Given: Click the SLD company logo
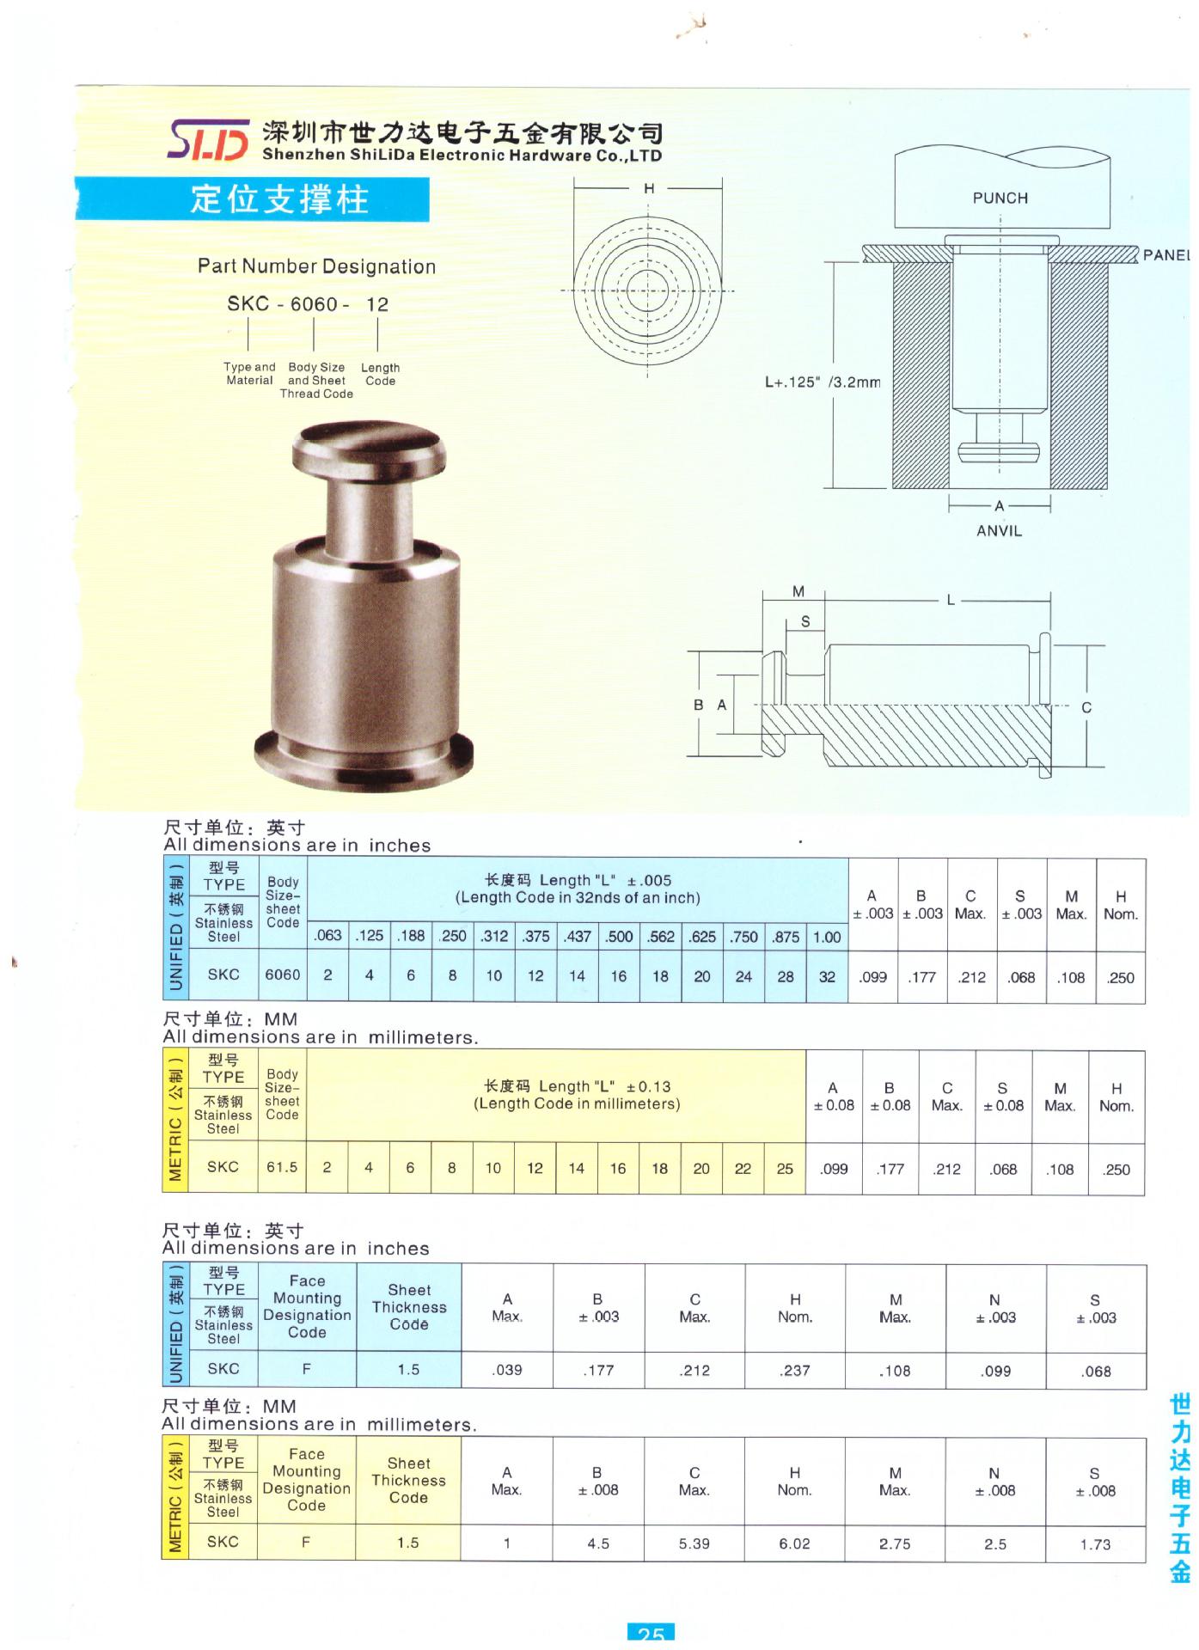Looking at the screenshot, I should pos(209,140).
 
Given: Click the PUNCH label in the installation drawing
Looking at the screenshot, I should pos(1000,199).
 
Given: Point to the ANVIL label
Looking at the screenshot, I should pos(999,531).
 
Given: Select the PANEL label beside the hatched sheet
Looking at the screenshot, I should pos(1165,255).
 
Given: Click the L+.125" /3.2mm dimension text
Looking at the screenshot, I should pos(823,382).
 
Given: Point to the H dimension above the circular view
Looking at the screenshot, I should pos(649,188).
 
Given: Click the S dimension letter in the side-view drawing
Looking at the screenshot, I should pos(804,621).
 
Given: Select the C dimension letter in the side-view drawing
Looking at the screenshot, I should pos(1086,707).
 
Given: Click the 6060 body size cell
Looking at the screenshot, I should pos(282,975).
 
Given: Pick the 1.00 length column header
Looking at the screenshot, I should pos(827,937).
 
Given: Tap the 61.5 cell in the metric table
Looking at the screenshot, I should pos(282,1167).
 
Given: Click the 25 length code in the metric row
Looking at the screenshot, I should pos(785,1168).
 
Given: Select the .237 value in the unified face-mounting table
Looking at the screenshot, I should pos(795,1371).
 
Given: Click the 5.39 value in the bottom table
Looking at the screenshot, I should pos(694,1543).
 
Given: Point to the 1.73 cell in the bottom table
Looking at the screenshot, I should pos(1095,1544).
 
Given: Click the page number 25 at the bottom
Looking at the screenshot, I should pos(651,1634).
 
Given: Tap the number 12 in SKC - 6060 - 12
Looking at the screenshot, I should pos(376,305).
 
